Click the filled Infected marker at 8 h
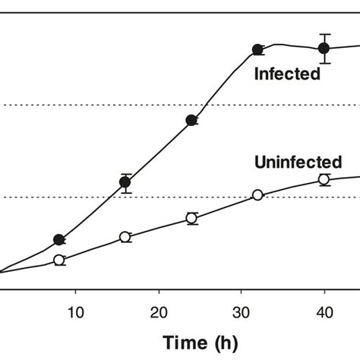(x=59, y=240)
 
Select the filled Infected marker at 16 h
(x=125, y=182)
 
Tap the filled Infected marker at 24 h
(x=191, y=120)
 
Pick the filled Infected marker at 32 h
(x=257, y=50)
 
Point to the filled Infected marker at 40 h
(x=324, y=48)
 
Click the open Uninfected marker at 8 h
(x=59, y=261)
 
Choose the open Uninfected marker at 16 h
(x=125, y=237)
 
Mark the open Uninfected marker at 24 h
(x=191, y=219)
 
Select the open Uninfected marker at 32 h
(x=257, y=195)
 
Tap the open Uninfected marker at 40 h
(x=324, y=179)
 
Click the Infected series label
(x=288, y=74)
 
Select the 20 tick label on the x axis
(x=158, y=311)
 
